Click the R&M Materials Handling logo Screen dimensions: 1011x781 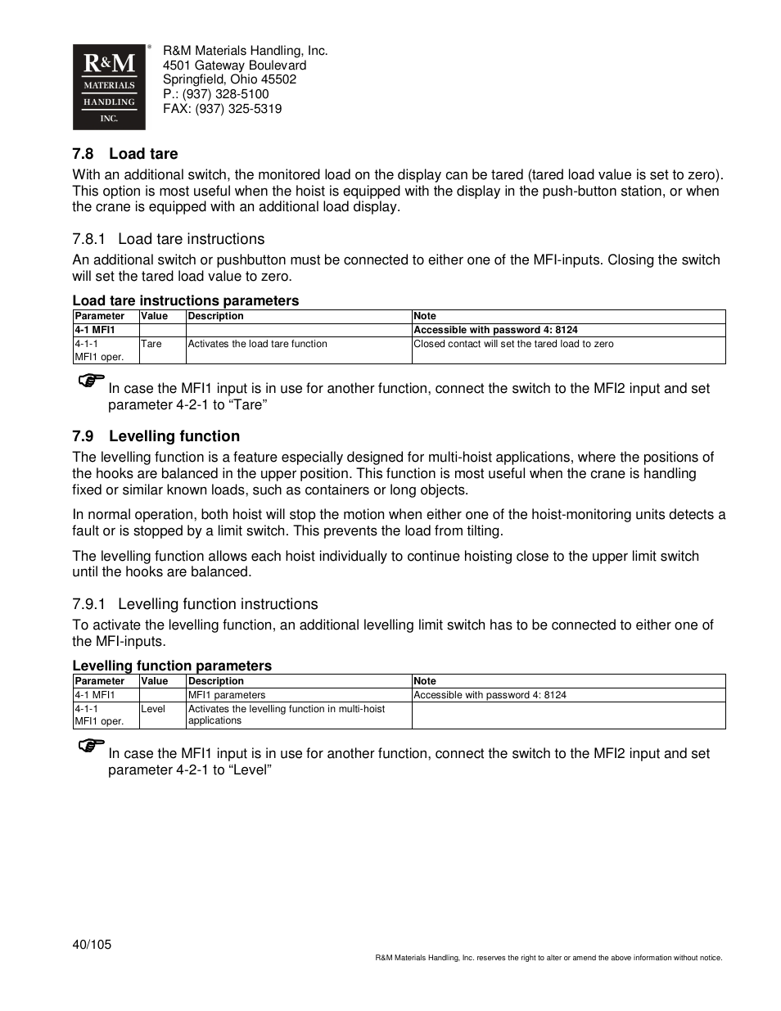(x=109, y=87)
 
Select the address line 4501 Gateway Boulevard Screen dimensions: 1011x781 (x=234, y=65)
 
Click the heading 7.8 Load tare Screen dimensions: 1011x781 (x=124, y=154)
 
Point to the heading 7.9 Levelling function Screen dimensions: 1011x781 (x=156, y=436)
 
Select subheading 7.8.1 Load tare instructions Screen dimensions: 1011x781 (x=168, y=239)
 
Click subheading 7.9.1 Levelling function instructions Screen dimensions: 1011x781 (x=195, y=604)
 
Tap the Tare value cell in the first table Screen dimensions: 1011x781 (x=151, y=344)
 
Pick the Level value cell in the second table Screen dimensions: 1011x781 (x=153, y=709)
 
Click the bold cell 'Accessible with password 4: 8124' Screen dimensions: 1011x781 (x=495, y=330)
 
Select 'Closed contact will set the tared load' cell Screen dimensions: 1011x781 (x=513, y=344)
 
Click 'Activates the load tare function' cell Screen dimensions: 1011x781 (x=257, y=344)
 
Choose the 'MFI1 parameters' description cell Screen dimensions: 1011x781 (x=227, y=695)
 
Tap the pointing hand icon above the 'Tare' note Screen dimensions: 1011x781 (x=92, y=381)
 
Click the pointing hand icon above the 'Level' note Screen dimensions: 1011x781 (x=92, y=746)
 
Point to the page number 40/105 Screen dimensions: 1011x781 (x=92, y=945)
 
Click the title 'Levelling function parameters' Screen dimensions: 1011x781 (x=172, y=666)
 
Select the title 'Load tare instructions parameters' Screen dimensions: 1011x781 (x=185, y=300)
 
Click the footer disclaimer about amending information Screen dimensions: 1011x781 (x=549, y=958)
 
